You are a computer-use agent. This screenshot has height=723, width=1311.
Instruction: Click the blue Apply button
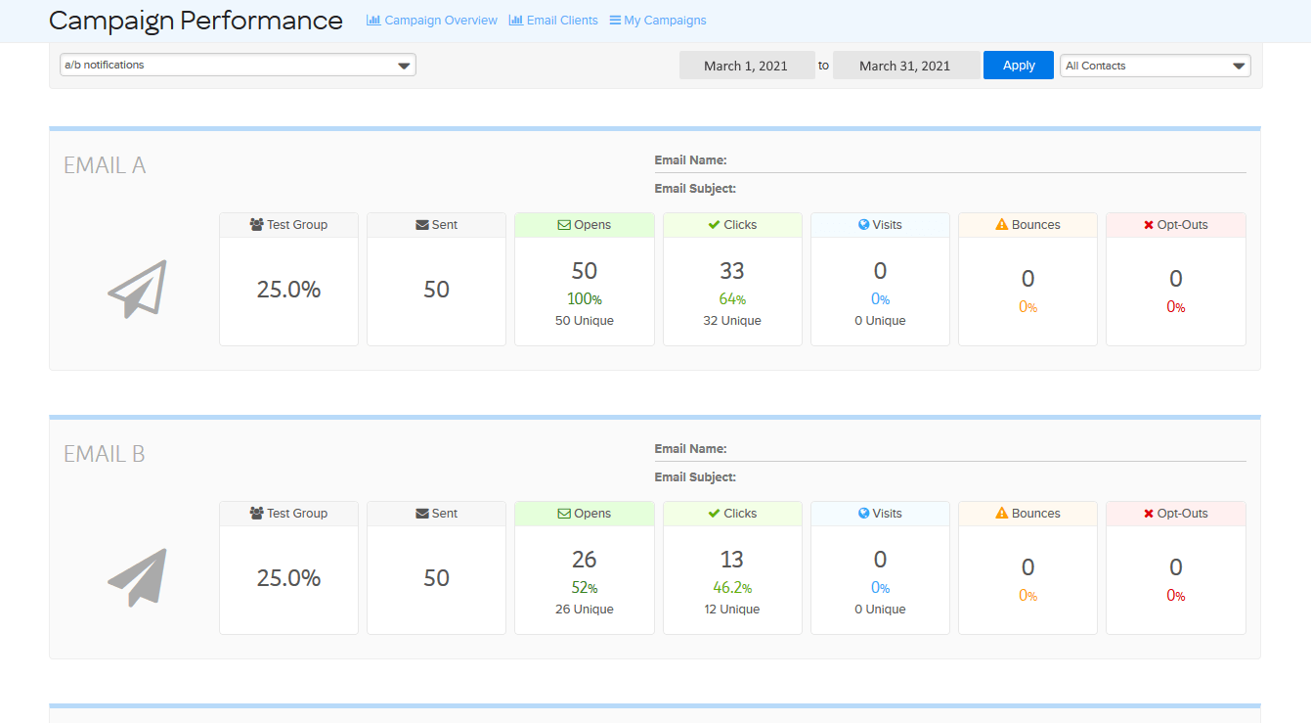pyautogui.click(x=1018, y=66)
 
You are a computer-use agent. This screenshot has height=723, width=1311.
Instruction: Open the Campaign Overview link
pyautogui.click(x=432, y=21)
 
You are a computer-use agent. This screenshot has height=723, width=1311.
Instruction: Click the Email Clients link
pyautogui.click(x=553, y=21)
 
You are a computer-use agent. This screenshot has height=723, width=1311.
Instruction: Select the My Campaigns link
pyautogui.click(x=657, y=21)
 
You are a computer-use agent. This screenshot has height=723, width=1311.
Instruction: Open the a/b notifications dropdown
pyautogui.click(x=238, y=66)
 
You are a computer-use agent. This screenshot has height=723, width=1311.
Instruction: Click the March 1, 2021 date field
pyautogui.click(x=746, y=66)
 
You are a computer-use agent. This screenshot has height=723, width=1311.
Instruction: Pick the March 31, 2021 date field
pyautogui.click(x=904, y=66)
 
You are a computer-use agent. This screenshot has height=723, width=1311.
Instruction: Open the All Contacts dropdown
pyautogui.click(x=1155, y=66)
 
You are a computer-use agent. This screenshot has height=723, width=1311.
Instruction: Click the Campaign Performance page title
pyautogui.click(x=196, y=21)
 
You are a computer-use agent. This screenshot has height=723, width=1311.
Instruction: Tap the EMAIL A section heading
pyautogui.click(x=105, y=165)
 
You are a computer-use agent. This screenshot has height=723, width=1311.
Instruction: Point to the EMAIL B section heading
pyautogui.click(x=105, y=454)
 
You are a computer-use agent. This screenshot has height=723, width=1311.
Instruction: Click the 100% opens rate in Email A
pyautogui.click(x=585, y=299)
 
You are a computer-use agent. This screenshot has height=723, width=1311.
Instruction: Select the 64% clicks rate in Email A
pyautogui.click(x=731, y=299)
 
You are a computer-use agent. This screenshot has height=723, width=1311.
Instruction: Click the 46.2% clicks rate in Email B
pyautogui.click(x=731, y=588)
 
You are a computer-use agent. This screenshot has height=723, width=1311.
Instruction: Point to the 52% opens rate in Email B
pyautogui.click(x=585, y=588)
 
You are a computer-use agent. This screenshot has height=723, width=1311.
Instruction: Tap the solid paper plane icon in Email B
pyautogui.click(x=138, y=577)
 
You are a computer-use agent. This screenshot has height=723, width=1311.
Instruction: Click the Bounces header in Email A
pyautogui.click(x=1027, y=225)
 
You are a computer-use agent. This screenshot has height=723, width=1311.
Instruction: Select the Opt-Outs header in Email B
pyautogui.click(x=1175, y=514)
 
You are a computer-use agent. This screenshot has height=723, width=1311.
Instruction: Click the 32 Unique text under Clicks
pyautogui.click(x=731, y=321)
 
